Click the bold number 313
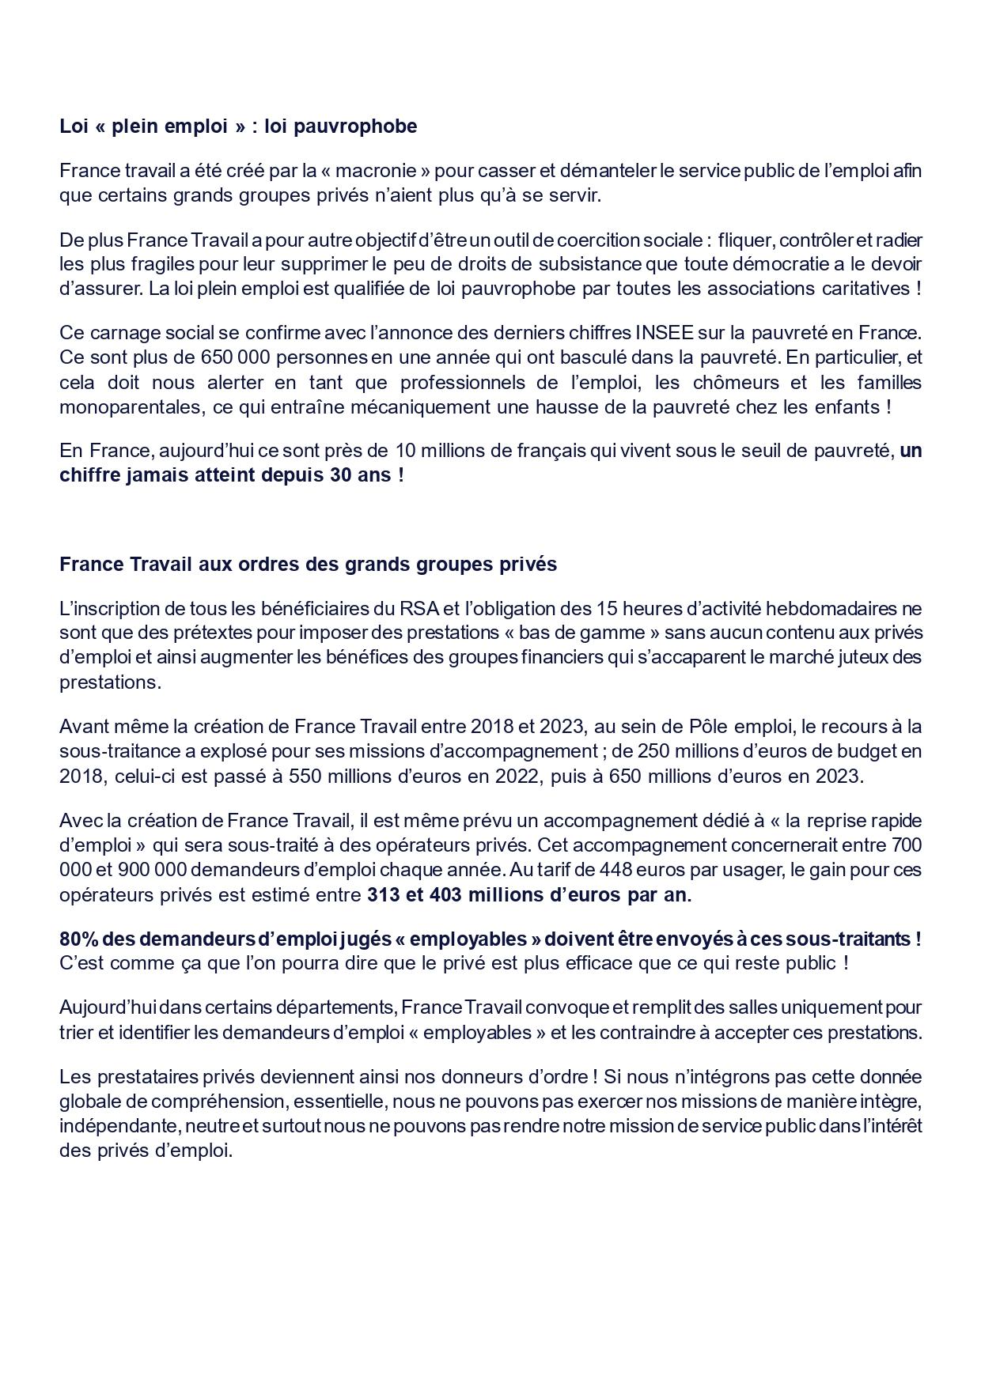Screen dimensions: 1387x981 click(x=384, y=895)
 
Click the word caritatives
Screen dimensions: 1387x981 click(x=868, y=289)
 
